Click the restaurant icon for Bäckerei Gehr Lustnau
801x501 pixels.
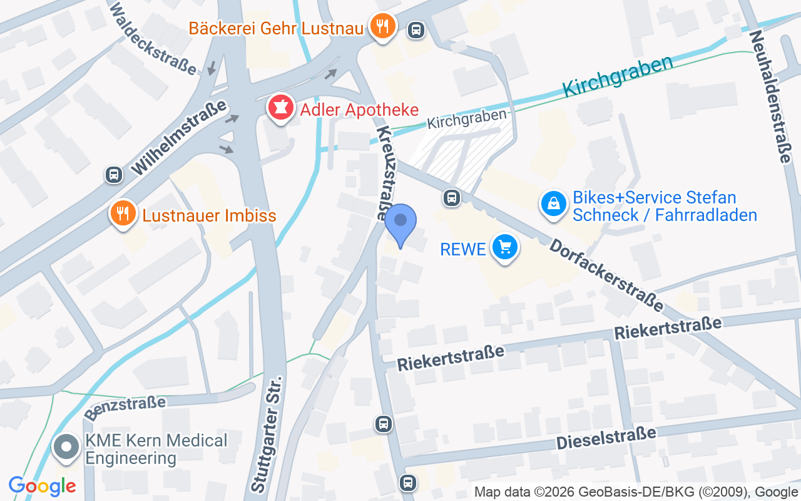click(x=381, y=26)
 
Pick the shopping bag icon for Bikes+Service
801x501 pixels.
click(x=553, y=204)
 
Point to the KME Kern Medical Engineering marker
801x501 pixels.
click(x=66, y=448)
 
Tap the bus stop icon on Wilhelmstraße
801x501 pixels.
click(x=114, y=174)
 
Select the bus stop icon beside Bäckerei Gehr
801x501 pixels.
click(x=415, y=29)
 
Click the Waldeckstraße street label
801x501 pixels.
click(x=153, y=38)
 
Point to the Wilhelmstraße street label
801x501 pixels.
click(x=180, y=139)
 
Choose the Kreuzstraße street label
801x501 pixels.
click(x=390, y=173)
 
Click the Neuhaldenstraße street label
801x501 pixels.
click(x=768, y=96)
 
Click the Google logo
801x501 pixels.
click(x=42, y=485)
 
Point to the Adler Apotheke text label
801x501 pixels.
click(x=359, y=110)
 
